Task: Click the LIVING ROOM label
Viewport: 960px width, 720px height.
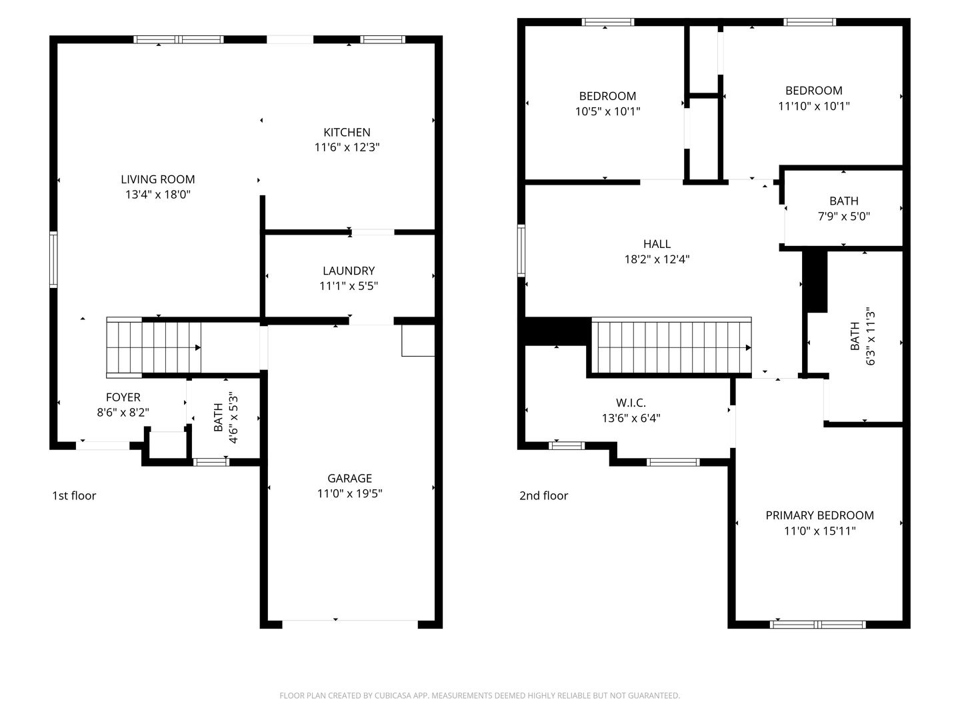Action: [x=158, y=179]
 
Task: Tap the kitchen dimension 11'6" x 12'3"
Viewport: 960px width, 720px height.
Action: [x=347, y=147]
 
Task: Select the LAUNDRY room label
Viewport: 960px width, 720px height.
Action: [x=349, y=271]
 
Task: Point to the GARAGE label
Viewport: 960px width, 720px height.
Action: [x=349, y=478]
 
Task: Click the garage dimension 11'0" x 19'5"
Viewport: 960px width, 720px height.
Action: [x=349, y=493]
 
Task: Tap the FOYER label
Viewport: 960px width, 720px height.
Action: [x=123, y=397]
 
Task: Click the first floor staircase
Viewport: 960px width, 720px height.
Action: [x=153, y=347]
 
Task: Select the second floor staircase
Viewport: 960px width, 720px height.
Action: [x=671, y=346]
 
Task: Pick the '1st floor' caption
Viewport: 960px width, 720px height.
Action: [x=74, y=495]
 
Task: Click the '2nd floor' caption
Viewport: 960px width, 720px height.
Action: [x=543, y=495]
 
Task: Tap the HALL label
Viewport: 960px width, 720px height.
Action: [x=657, y=244]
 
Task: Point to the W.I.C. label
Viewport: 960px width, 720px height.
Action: [x=631, y=403]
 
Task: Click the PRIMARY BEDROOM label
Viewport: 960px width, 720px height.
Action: [x=819, y=515]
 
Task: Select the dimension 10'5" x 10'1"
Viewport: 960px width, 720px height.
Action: [x=607, y=111]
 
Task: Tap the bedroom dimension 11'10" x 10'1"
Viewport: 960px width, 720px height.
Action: [x=814, y=106]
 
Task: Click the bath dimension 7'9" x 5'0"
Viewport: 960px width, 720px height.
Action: [x=843, y=216]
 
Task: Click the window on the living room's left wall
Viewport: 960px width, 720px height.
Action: [x=53, y=259]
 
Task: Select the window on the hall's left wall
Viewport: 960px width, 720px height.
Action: [x=521, y=251]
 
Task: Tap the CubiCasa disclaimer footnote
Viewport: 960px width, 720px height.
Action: [x=480, y=695]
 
